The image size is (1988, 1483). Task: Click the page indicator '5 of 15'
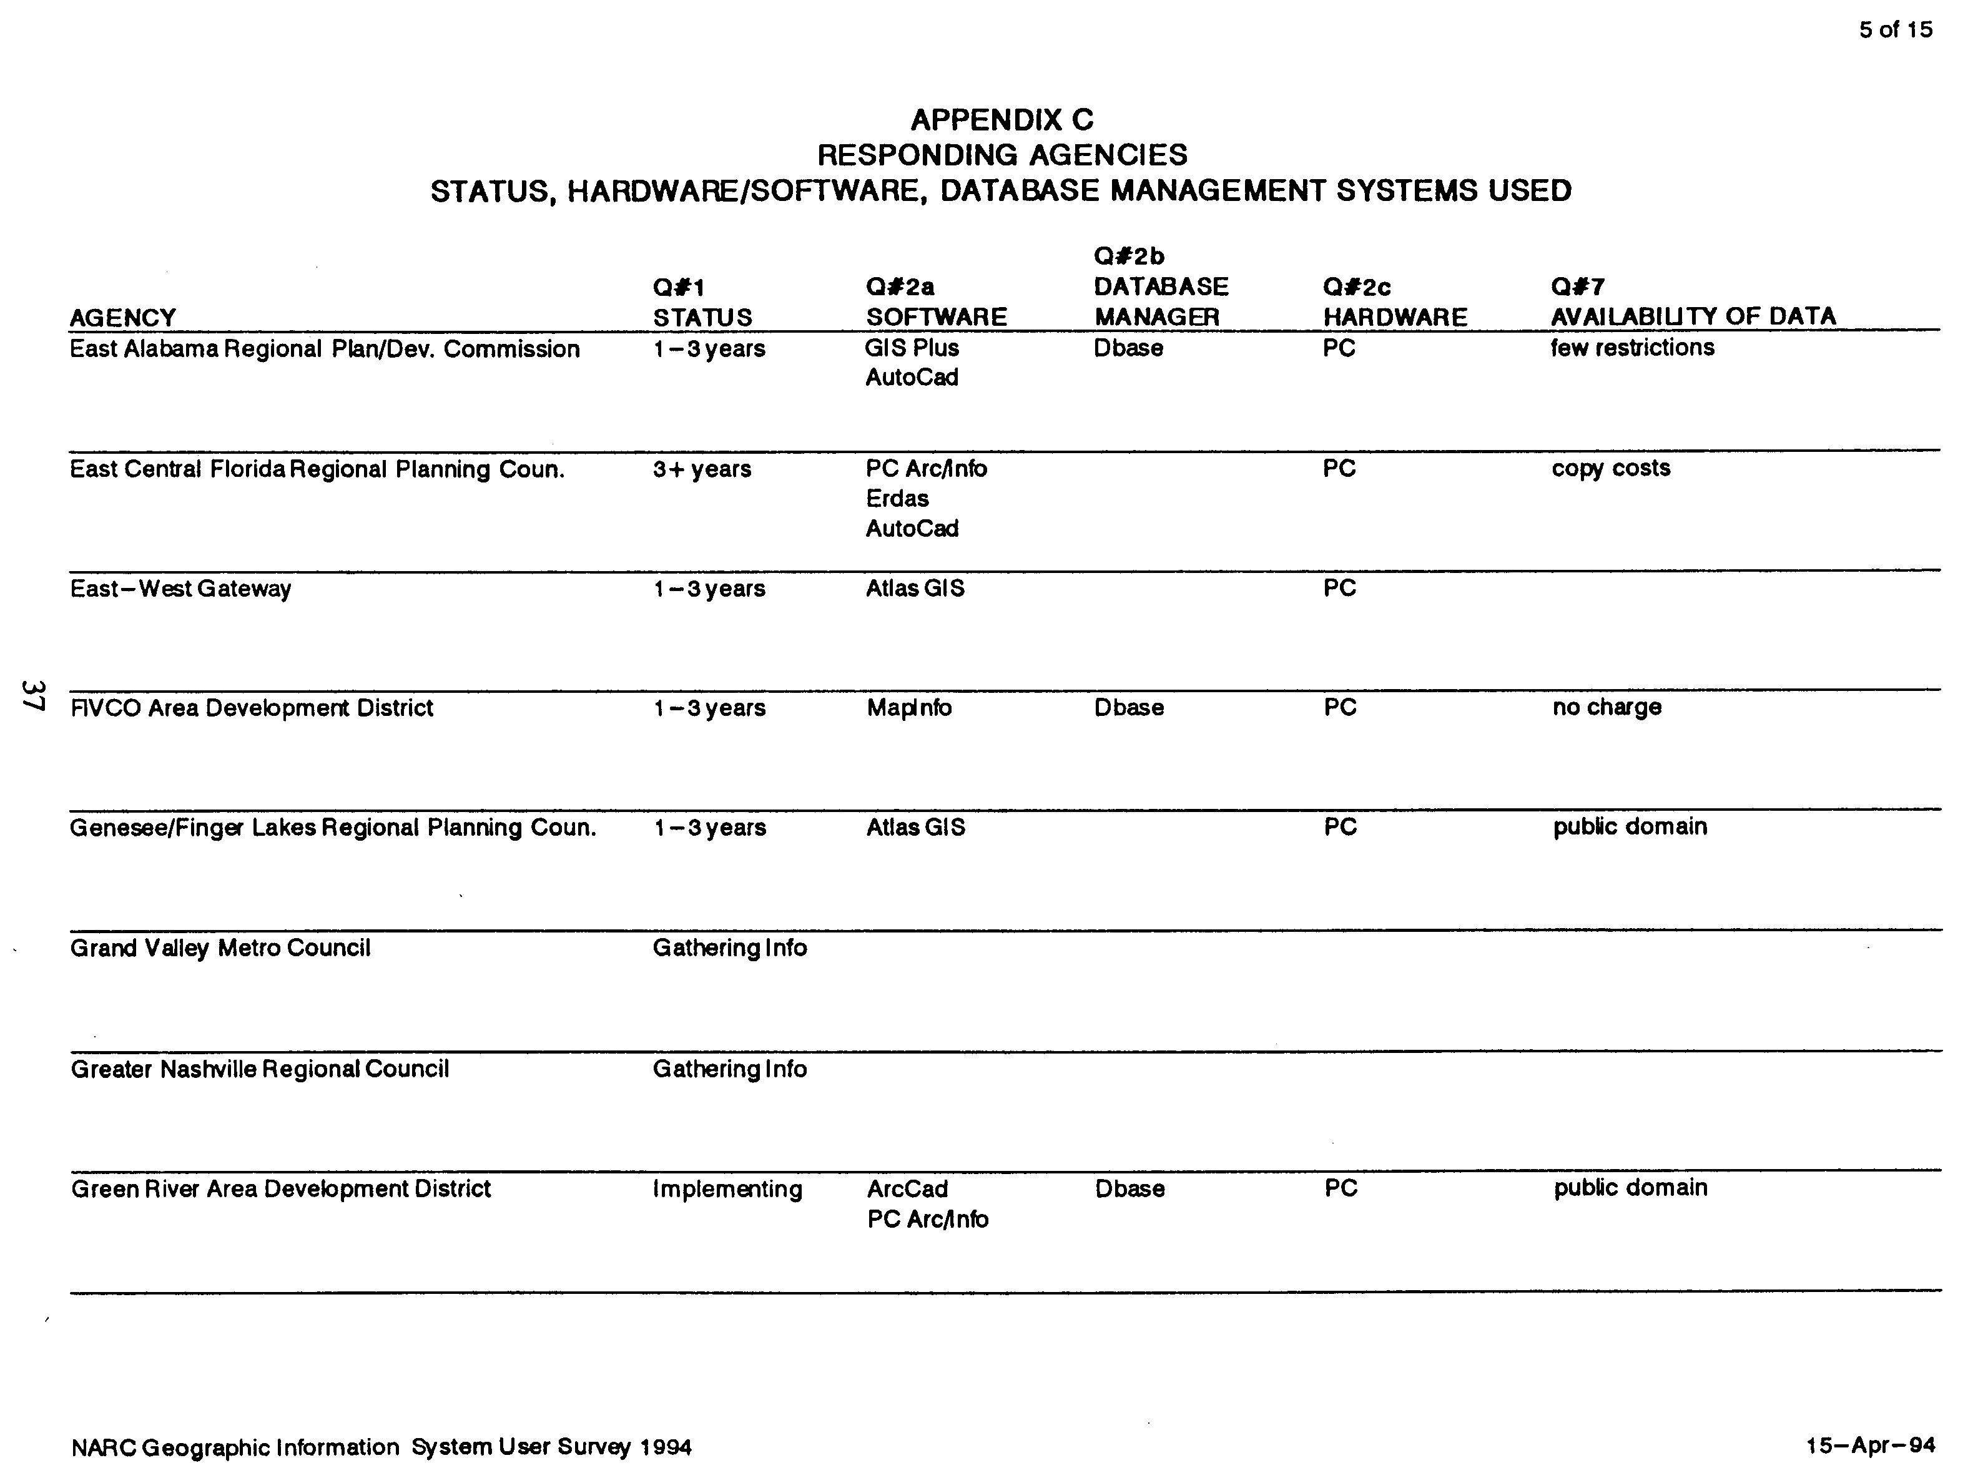pos(1894,29)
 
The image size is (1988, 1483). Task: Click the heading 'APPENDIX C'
pos(1001,119)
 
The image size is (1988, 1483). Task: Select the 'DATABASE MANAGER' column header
pos(1160,301)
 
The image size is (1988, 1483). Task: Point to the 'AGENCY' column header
pos(122,318)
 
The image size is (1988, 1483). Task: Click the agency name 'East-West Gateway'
pos(180,589)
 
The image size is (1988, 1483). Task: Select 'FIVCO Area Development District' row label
pos(252,708)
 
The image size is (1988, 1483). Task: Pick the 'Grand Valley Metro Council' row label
pos(220,948)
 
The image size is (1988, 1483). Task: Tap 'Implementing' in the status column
pos(727,1190)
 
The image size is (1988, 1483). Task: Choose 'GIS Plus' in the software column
pos(912,348)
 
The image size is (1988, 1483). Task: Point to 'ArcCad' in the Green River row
pos(907,1190)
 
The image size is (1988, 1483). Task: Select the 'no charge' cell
pos(1607,707)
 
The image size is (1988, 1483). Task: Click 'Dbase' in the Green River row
pos(1129,1190)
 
